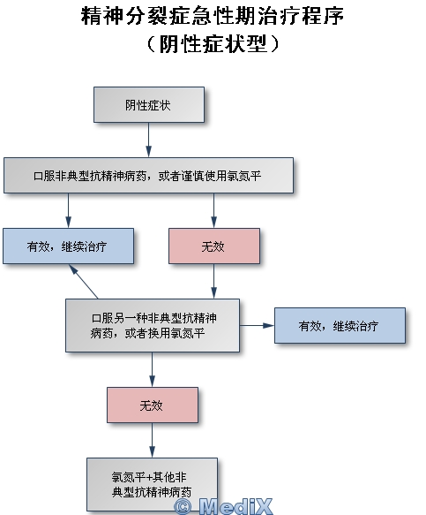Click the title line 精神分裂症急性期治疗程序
point(213,15)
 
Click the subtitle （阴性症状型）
point(213,43)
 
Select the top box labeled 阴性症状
point(149,105)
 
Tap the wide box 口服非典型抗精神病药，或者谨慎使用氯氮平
point(148,176)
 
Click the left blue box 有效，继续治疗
point(68,246)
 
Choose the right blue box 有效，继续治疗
point(340,325)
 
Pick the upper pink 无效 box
point(214,246)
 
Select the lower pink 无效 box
point(153,405)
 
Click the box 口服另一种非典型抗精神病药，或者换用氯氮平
point(153,325)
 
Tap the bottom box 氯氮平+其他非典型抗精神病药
point(153,484)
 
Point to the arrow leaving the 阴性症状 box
point(148,140)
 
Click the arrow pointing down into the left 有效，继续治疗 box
point(68,210)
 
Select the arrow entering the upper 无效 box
point(213,210)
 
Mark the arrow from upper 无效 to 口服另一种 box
point(213,281)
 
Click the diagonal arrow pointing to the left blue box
point(83,282)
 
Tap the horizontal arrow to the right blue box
point(257,325)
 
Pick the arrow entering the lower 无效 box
point(153,369)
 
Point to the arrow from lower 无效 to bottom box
point(153,440)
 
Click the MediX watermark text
point(235,506)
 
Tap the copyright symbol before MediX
point(183,507)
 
